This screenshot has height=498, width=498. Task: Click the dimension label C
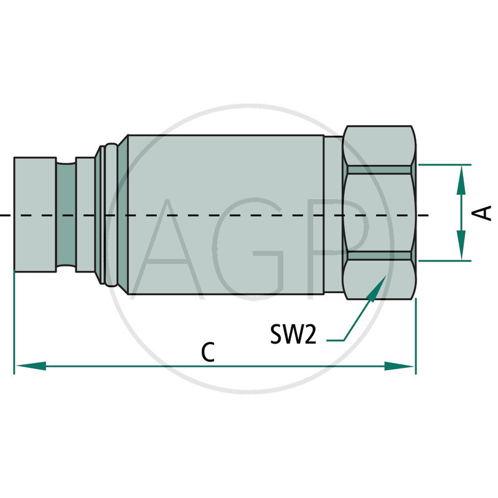(x=208, y=352)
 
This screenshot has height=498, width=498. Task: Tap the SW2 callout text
(x=294, y=335)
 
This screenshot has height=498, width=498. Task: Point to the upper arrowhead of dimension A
(x=461, y=177)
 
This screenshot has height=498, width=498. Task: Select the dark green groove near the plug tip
(x=65, y=215)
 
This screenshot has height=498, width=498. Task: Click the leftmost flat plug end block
(x=34, y=215)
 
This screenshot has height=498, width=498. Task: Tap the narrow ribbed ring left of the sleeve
(x=110, y=215)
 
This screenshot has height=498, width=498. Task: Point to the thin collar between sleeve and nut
(x=333, y=215)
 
